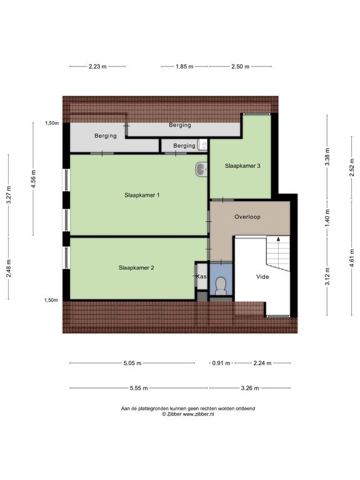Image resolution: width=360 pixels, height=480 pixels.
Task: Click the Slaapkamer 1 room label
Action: click(x=142, y=195)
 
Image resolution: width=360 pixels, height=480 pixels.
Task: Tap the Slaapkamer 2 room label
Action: click(x=136, y=267)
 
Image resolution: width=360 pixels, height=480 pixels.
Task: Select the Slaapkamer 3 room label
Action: click(x=242, y=166)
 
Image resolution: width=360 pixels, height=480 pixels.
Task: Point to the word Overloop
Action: click(x=247, y=217)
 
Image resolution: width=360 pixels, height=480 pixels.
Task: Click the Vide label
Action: click(x=262, y=277)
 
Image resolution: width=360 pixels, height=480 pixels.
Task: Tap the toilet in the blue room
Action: click(x=221, y=285)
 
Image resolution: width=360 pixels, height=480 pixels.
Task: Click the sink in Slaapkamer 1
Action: click(x=201, y=169)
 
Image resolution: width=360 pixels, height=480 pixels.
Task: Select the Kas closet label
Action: click(x=201, y=276)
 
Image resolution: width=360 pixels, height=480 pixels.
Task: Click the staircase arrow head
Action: click(x=278, y=239)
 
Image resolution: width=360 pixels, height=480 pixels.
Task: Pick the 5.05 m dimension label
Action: click(x=132, y=363)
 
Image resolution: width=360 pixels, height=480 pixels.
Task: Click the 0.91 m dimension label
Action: click(x=221, y=363)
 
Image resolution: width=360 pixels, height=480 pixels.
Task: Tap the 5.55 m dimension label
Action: click(x=139, y=388)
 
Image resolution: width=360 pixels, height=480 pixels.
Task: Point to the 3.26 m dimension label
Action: click(x=250, y=388)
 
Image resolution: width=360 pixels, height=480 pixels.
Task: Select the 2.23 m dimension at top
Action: click(x=97, y=66)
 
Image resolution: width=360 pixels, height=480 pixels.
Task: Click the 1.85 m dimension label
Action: click(x=184, y=66)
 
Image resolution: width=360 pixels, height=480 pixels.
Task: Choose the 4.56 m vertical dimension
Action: click(x=34, y=179)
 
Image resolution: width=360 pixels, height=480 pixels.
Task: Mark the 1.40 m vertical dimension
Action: click(x=327, y=217)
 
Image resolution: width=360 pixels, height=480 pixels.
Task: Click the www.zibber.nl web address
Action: click(x=198, y=414)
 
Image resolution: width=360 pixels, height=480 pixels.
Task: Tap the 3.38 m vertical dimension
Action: click(x=327, y=157)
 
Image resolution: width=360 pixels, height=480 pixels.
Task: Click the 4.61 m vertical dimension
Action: click(x=352, y=257)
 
